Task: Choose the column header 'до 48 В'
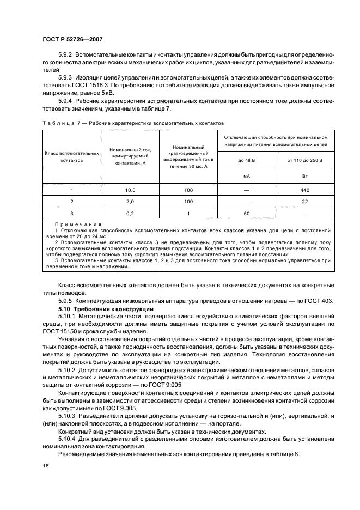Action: (246, 160)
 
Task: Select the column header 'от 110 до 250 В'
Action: (304, 160)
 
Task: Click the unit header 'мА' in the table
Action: (246, 177)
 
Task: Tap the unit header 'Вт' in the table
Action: (304, 177)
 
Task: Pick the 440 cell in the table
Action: (304, 190)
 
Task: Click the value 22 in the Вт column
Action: (304, 202)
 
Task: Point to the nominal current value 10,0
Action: (130, 190)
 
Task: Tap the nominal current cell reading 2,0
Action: (130, 202)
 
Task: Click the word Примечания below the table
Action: (75, 224)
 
